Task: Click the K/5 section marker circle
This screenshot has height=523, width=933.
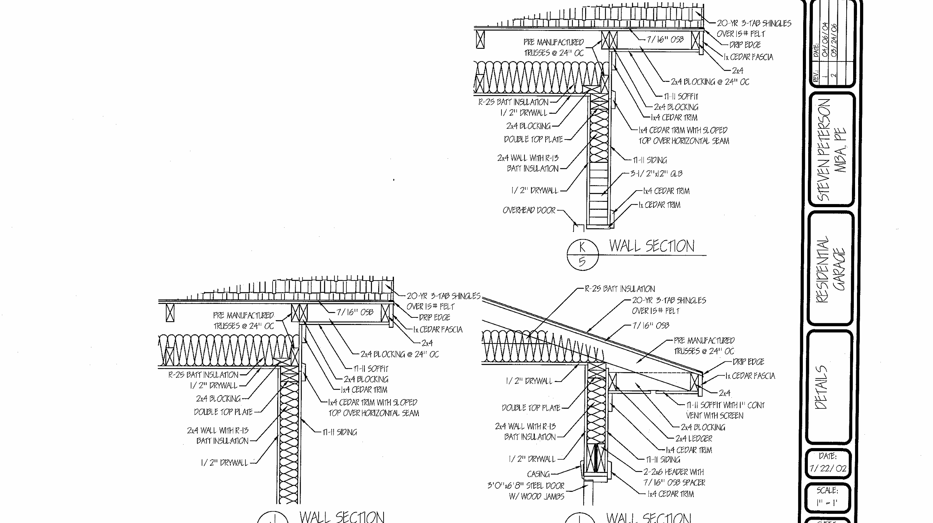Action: (x=582, y=254)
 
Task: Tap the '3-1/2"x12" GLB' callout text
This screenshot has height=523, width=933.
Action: (x=656, y=174)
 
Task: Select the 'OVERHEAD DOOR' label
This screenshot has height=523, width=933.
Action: (x=529, y=211)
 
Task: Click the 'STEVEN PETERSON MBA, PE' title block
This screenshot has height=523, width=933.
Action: (x=832, y=150)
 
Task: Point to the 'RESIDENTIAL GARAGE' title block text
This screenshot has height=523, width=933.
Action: (x=830, y=269)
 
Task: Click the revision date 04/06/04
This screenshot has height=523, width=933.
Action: (x=825, y=40)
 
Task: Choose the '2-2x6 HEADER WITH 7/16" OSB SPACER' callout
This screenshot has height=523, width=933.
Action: (x=674, y=477)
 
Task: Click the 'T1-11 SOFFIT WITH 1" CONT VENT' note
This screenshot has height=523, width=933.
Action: (x=725, y=410)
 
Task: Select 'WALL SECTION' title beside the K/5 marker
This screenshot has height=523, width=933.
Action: (x=652, y=246)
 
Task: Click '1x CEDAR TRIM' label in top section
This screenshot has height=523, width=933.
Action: (x=659, y=205)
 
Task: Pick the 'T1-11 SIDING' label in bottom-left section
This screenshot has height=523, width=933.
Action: (x=339, y=432)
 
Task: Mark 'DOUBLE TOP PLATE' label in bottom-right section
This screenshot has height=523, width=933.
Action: (x=531, y=408)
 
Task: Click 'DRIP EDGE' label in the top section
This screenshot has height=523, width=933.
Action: (x=745, y=45)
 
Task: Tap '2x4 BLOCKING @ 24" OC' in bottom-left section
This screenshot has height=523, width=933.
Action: (x=399, y=354)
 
